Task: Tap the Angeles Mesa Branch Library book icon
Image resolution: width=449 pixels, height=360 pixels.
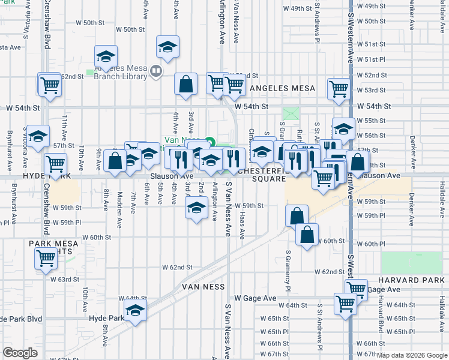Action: click(156, 72)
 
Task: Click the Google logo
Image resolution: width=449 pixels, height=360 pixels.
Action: click(20, 353)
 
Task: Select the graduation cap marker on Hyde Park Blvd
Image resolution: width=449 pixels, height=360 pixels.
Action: click(136, 311)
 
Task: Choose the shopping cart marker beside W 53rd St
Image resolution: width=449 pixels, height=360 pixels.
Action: click(339, 89)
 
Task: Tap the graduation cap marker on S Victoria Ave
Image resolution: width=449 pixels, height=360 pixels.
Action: click(37, 137)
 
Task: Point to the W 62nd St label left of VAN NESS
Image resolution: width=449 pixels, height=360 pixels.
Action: click(176, 267)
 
